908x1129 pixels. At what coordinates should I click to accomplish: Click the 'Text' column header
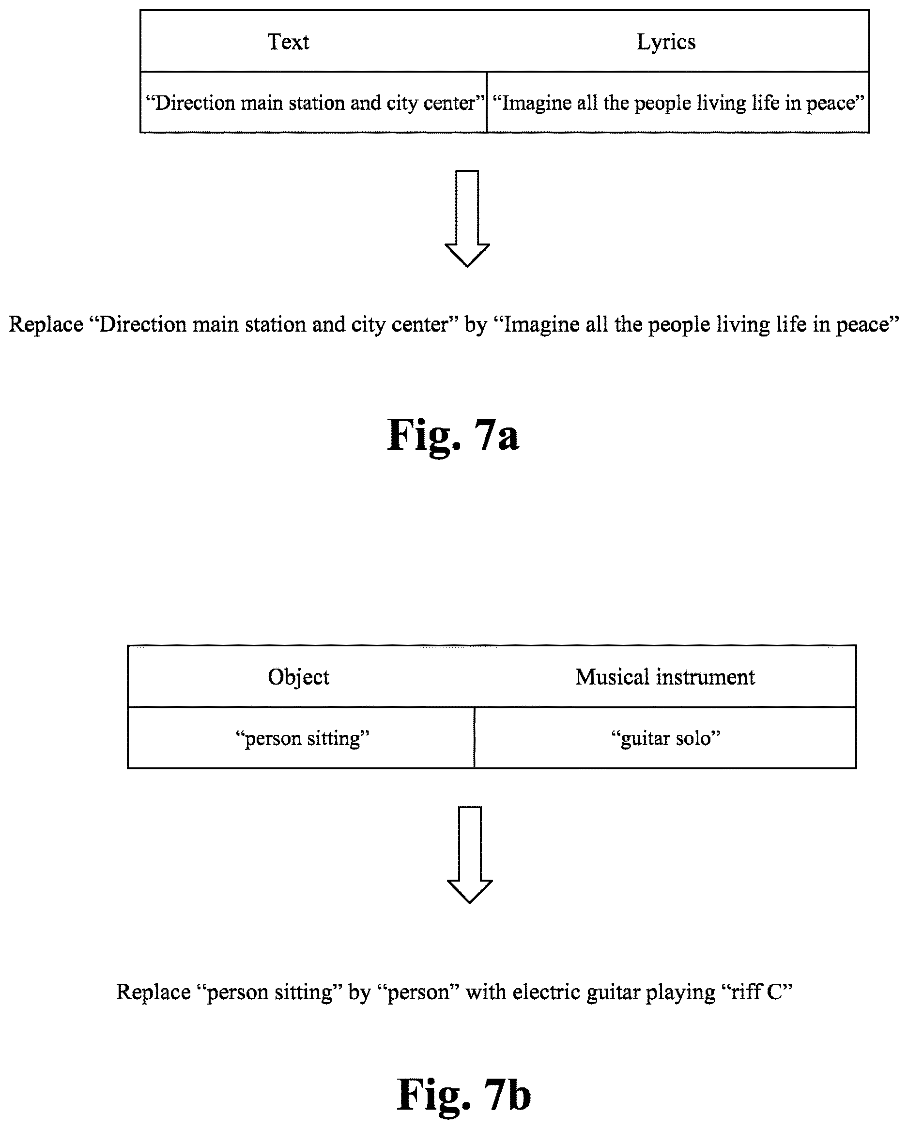(x=288, y=42)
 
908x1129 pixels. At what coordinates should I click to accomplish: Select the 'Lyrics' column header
(x=666, y=42)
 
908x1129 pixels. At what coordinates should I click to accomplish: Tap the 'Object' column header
(x=299, y=677)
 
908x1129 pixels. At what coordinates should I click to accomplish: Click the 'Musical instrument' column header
(x=665, y=677)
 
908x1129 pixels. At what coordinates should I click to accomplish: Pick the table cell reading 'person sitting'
(x=302, y=738)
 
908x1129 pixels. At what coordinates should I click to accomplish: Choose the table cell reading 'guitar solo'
(x=665, y=738)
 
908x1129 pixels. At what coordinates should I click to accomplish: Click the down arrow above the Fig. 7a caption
(x=467, y=218)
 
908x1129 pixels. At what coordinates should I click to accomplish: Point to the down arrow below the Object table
(x=469, y=855)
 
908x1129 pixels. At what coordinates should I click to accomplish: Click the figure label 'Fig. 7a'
(x=453, y=435)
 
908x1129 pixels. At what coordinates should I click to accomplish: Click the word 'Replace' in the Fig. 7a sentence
(x=46, y=324)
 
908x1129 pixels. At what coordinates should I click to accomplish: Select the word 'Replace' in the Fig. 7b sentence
(x=154, y=992)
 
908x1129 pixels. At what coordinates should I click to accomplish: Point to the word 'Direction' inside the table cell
(x=194, y=103)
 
